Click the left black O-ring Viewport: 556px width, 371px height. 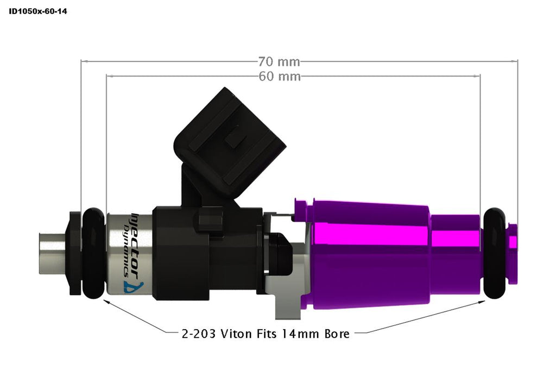point(93,252)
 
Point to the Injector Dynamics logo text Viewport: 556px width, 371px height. point(131,239)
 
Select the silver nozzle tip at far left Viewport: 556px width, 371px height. point(51,252)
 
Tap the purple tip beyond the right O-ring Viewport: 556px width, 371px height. point(511,252)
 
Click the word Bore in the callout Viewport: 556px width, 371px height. point(336,334)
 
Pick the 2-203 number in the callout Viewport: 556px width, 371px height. point(196,334)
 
